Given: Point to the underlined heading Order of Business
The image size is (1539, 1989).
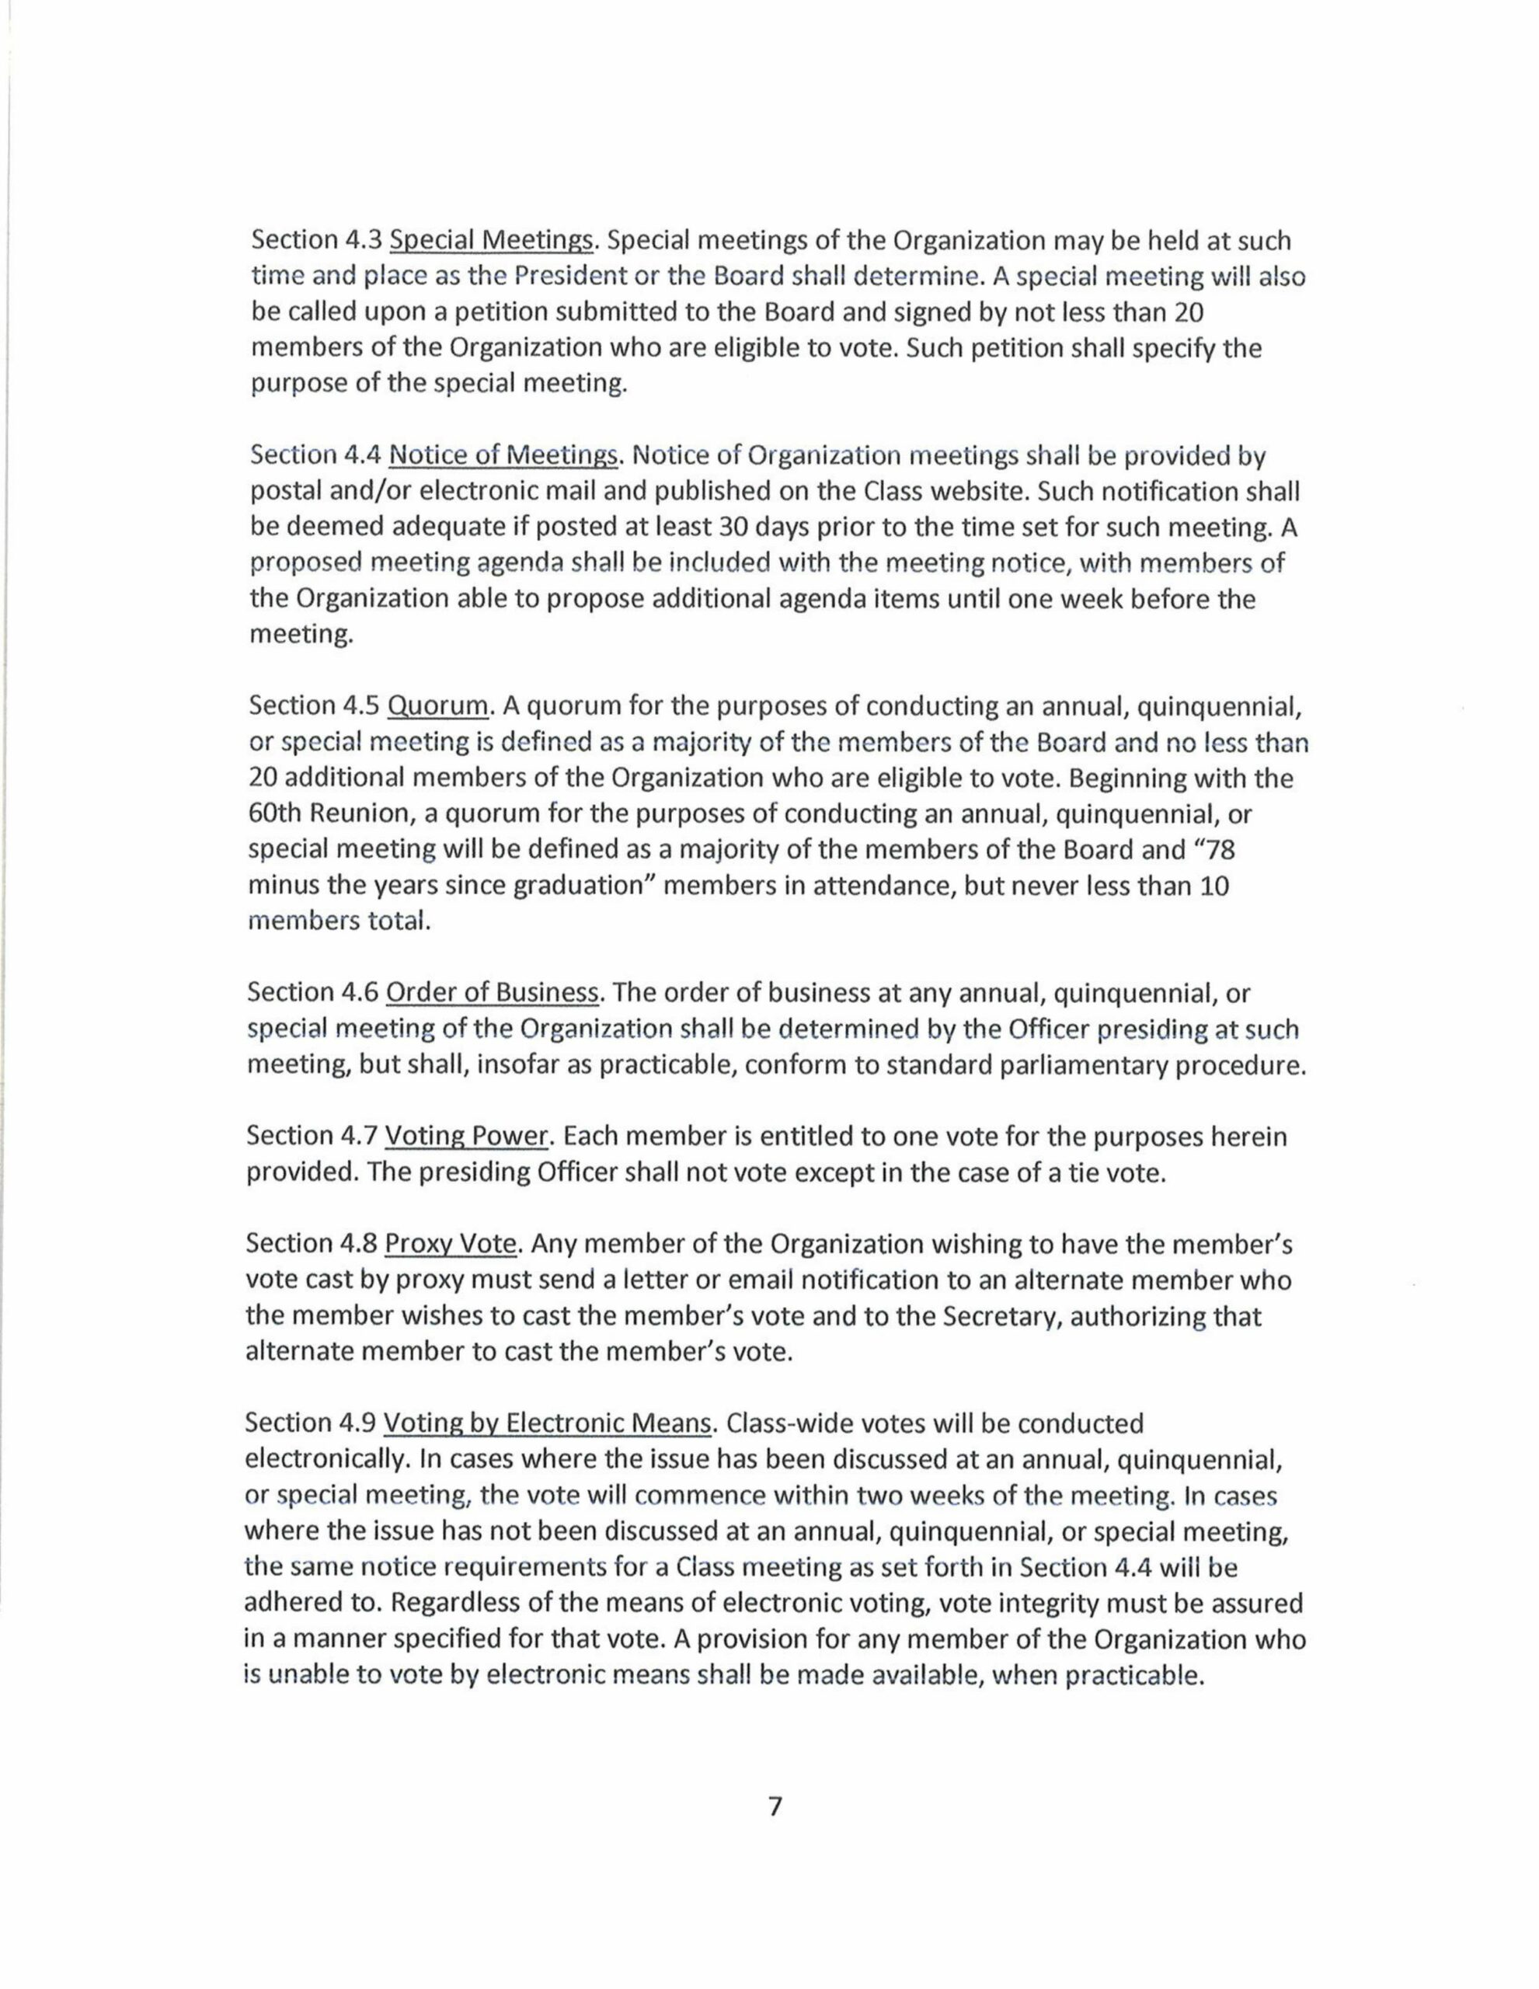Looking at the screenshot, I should tap(492, 993).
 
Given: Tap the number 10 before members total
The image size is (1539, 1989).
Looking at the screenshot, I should tap(1215, 887).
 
